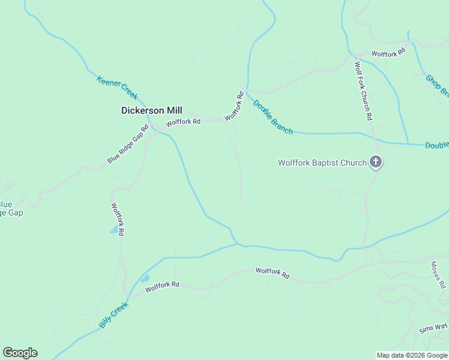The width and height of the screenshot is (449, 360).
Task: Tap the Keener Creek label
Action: (x=117, y=88)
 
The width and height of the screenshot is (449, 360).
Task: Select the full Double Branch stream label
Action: (x=273, y=116)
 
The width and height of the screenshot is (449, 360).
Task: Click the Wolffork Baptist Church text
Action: (x=322, y=163)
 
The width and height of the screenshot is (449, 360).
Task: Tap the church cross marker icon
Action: (x=376, y=162)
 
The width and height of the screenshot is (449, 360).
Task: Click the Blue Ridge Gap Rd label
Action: (x=127, y=145)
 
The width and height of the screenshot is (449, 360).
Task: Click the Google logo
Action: (x=20, y=353)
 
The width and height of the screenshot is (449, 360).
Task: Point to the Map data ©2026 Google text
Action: (x=412, y=355)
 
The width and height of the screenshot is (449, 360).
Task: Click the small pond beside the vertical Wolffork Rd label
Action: (x=114, y=230)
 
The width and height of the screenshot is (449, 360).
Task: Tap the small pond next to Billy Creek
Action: (x=145, y=278)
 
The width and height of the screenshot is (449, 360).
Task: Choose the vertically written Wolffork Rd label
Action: (x=117, y=218)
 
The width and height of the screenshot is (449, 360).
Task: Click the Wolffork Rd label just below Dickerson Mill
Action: (x=183, y=122)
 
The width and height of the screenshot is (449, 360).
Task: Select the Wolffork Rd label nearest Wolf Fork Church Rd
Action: (x=388, y=53)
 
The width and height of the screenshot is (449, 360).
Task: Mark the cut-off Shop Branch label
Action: (x=437, y=85)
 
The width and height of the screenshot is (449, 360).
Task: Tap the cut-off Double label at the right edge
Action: (x=437, y=145)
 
